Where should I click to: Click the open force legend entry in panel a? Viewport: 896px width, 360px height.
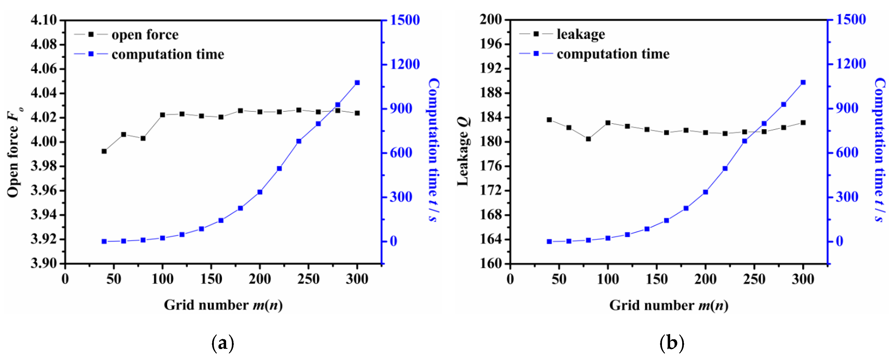click(145, 35)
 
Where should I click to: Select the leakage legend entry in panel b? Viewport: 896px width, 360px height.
click(580, 34)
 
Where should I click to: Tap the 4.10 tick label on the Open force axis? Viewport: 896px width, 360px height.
click(44, 20)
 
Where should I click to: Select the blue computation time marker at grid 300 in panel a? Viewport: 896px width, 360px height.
click(357, 83)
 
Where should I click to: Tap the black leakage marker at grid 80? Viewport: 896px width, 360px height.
click(588, 139)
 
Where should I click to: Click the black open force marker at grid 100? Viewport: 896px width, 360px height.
click(162, 115)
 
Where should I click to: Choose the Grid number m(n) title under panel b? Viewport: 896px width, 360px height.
click(669, 305)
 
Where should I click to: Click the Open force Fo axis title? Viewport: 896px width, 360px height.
click(14, 153)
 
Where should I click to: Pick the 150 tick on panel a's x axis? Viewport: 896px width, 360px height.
click(211, 279)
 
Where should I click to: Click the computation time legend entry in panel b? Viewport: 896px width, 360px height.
click(613, 54)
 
